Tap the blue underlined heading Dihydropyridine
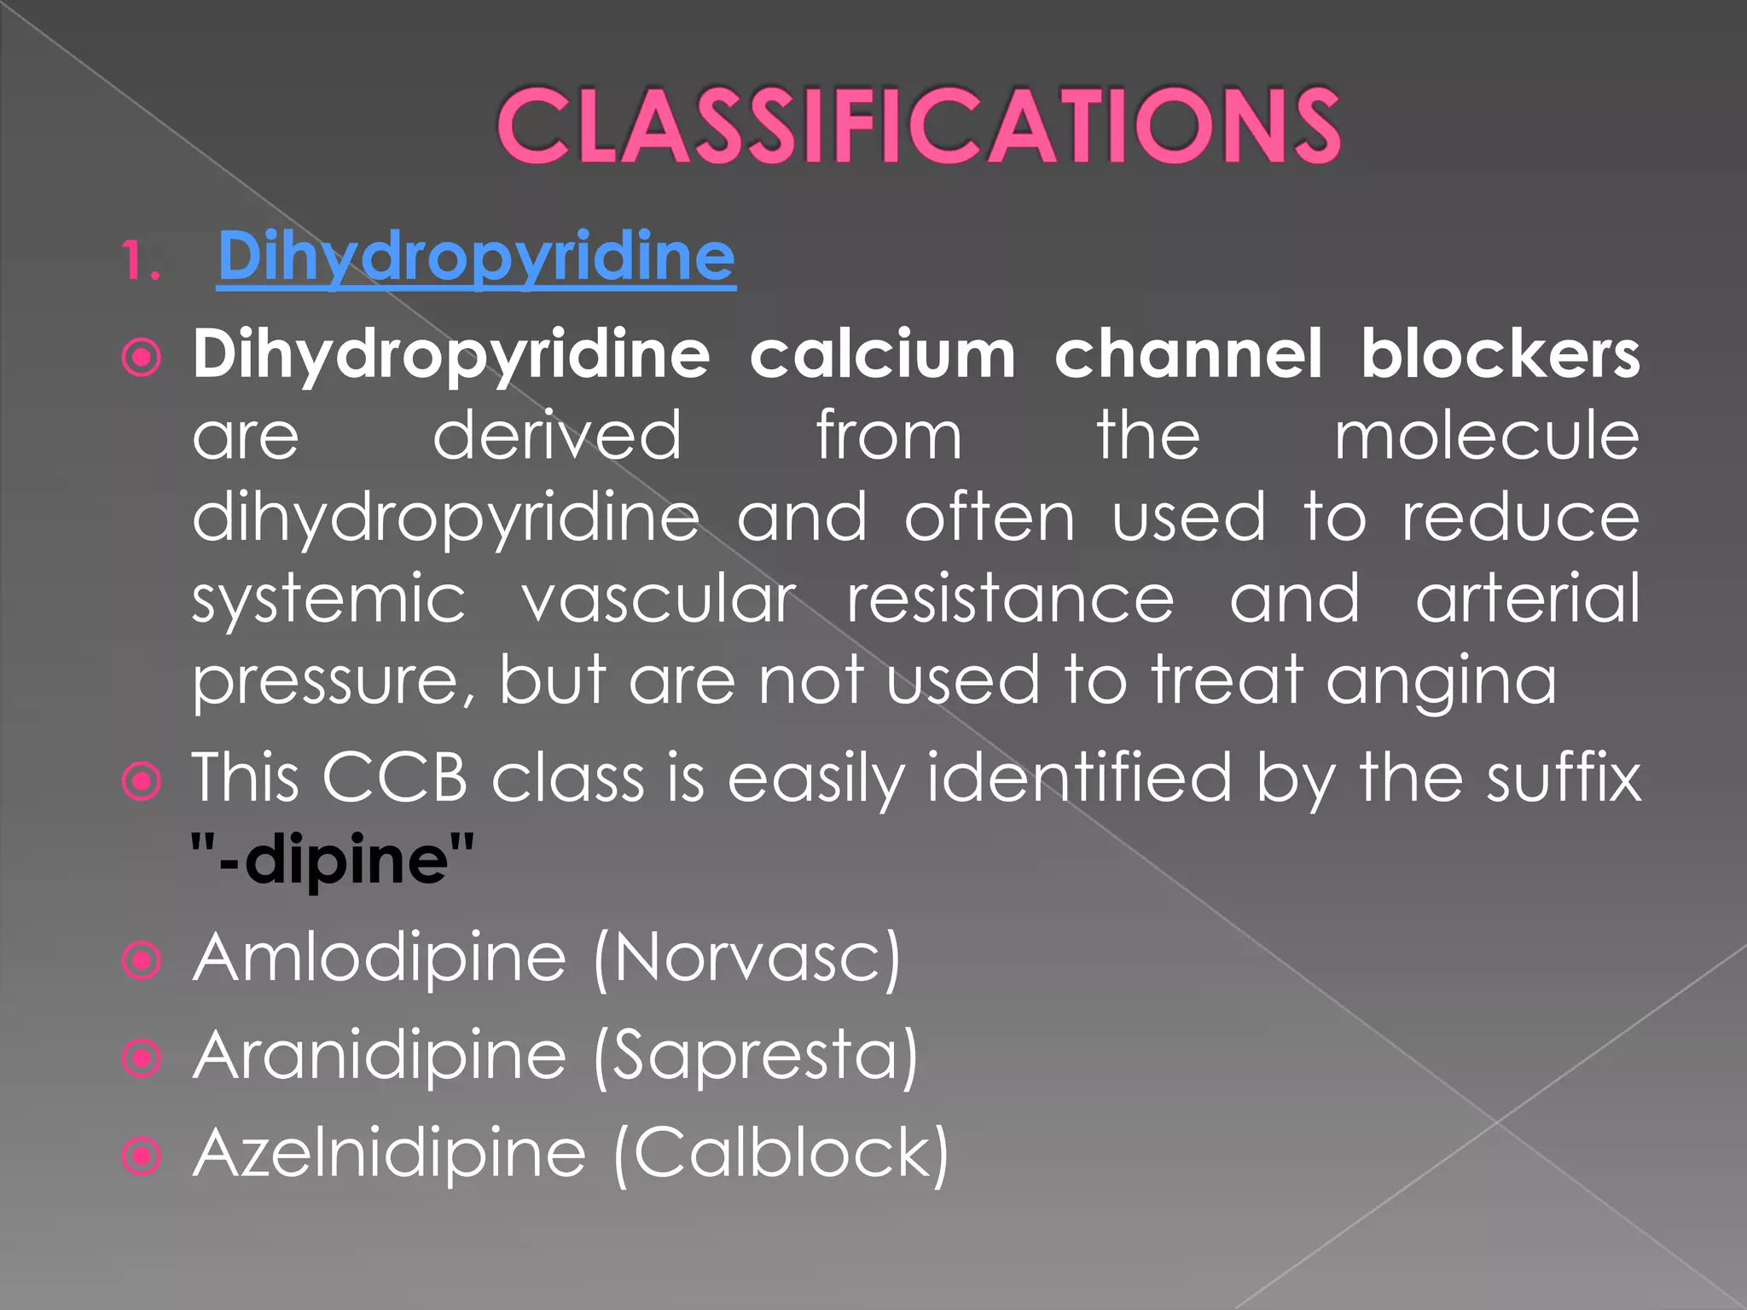tap(476, 257)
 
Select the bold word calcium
tap(882, 354)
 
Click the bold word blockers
tap(1499, 354)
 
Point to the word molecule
tap(1486, 436)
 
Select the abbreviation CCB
tap(395, 778)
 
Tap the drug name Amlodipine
tap(380, 959)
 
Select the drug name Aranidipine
tap(380, 1056)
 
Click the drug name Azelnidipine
tap(390, 1153)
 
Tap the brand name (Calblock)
tap(781, 1154)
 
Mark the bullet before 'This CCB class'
tap(142, 780)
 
